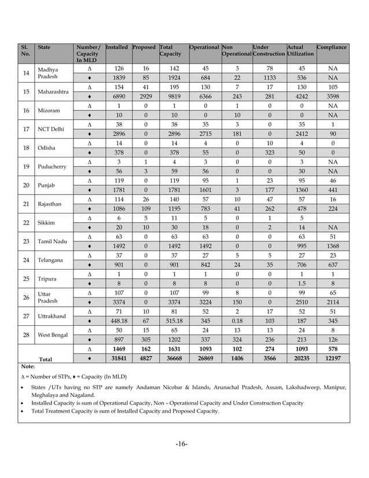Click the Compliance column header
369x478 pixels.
tap(332, 47)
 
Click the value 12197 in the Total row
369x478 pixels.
tap(332, 359)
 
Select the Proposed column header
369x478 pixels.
tap(144, 47)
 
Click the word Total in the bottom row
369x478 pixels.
tap(45, 359)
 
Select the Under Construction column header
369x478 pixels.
tap(268, 50)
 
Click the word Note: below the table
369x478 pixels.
tap(27, 366)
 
